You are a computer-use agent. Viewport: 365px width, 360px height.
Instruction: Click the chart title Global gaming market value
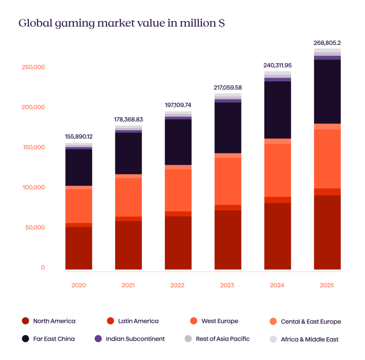coord(122,24)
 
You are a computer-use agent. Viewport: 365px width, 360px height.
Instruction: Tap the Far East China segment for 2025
coord(327,92)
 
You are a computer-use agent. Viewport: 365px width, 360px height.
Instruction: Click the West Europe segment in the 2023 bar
coord(227,181)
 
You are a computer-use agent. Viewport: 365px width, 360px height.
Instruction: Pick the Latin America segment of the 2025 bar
coord(327,192)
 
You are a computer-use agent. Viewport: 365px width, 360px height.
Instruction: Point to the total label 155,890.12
coord(79,136)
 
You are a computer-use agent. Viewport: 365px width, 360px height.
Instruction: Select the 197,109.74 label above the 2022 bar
coord(178,105)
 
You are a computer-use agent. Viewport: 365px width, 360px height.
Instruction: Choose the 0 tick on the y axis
coord(43,267)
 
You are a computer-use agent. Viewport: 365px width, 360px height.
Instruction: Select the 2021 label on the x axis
coord(128,285)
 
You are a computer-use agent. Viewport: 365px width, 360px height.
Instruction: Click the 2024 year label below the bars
coord(277,285)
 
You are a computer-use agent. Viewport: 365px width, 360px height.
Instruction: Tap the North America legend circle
coord(25,321)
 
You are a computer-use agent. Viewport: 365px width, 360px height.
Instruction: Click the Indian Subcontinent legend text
coord(135,339)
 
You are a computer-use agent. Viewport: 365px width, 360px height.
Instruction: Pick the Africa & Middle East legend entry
coord(309,339)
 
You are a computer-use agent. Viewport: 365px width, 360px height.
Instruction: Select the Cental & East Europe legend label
coord(311,322)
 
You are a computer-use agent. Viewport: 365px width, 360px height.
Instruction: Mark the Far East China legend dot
coord(25,339)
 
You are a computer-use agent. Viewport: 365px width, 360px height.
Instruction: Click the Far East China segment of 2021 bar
coord(128,153)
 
